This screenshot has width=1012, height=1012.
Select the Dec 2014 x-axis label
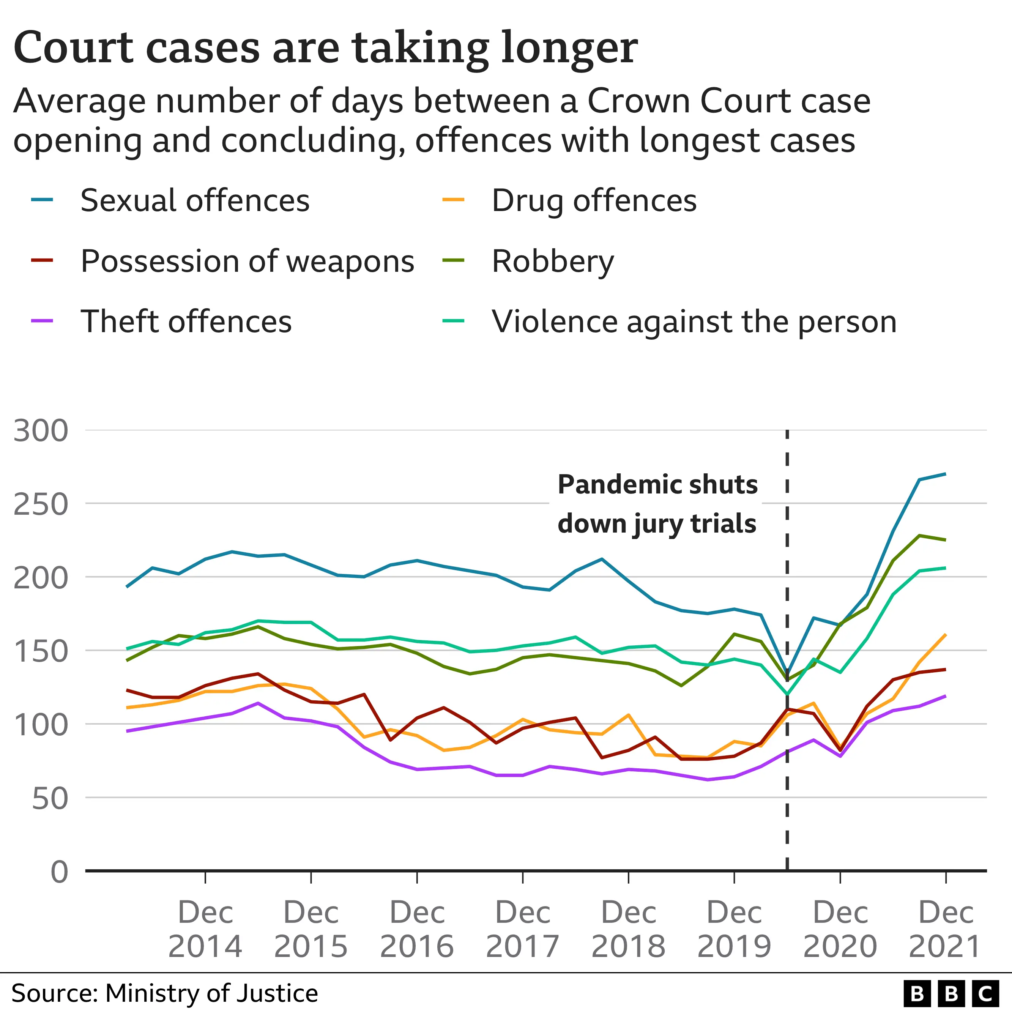(205, 930)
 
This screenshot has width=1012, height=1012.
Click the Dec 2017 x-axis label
(523, 930)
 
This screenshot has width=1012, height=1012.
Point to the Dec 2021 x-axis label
(946, 930)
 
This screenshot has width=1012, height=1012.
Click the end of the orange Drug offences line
(946, 634)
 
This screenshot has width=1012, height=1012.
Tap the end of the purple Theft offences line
(946, 696)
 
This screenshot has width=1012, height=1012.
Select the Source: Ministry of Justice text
(164, 993)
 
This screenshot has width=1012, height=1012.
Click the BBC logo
(951, 993)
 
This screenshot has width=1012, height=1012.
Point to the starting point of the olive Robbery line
(127, 660)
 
